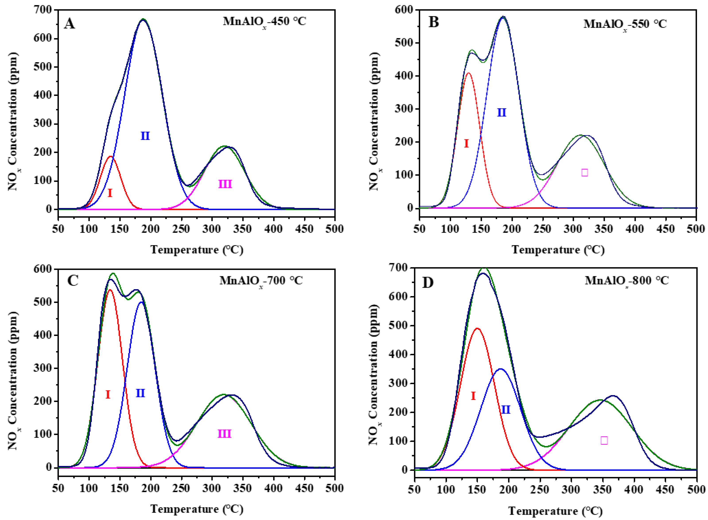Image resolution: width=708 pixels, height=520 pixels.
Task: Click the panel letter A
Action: (x=69, y=24)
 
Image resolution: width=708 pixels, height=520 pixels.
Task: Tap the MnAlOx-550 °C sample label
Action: (x=625, y=24)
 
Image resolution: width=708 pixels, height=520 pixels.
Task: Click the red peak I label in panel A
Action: (x=110, y=193)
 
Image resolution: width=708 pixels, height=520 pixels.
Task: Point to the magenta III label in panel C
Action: (x=224, y=434)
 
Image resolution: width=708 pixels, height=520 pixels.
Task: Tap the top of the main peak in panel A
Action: (x=143, y=19)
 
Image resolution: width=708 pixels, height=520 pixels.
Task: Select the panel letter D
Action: (x=428, y=283)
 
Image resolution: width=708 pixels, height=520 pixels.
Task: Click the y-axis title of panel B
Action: (x=374, y=121)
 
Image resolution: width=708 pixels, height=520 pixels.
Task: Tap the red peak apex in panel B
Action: (x=468, y=73)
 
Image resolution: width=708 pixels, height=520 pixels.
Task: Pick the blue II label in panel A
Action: (x=145, y=136)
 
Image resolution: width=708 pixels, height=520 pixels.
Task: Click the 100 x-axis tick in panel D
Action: (x=446, y=490)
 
